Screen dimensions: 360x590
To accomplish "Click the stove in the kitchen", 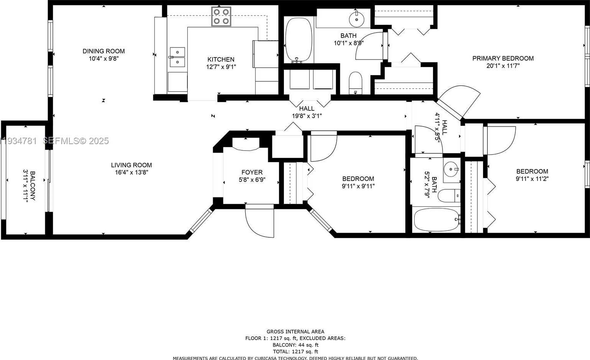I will tap(221, 16).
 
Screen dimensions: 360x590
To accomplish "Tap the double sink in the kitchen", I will tap(177, 57).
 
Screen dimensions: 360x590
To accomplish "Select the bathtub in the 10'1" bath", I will tap(299, 40).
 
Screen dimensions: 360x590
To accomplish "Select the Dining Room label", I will tap(103, 51).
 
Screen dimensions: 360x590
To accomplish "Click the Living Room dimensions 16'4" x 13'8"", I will tap(131, 173).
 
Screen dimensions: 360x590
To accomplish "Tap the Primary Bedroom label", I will tap(503, 58).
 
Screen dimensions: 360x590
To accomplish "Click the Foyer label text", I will tap(252, 173).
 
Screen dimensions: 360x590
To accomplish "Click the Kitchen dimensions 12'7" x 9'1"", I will tap(221, 67).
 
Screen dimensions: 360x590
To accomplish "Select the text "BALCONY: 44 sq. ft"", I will tap(295, 345).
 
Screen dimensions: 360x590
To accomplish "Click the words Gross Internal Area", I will tap(295, 332).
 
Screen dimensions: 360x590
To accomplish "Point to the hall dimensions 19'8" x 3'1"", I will tap(306, 116).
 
